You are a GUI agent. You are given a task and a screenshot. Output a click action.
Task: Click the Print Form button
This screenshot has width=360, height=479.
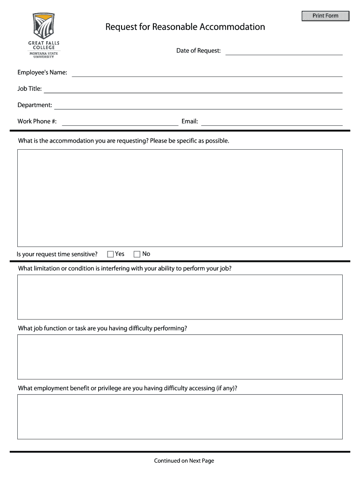(325, 16)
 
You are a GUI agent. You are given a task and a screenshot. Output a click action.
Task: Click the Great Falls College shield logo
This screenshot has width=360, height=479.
(43, 26)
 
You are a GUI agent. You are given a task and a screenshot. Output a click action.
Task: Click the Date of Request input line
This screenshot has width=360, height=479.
(284, 51)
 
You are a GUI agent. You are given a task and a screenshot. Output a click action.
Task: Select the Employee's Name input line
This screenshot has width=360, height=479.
(207, 73)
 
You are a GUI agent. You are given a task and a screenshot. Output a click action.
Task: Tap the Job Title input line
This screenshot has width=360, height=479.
(193, 89)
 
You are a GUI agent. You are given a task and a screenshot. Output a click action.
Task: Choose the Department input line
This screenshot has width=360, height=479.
(198, 105)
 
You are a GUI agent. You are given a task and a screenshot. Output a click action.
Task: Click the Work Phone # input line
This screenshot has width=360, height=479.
(120, 122)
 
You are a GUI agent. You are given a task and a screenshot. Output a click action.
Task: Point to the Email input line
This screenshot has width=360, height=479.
(272, 122)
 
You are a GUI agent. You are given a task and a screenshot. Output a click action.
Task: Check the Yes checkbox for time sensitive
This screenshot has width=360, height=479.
(111, 254)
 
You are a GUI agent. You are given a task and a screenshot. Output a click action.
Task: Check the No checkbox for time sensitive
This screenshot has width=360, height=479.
(137, 254)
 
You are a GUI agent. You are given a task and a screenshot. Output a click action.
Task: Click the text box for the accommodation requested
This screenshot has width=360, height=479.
(180, 198)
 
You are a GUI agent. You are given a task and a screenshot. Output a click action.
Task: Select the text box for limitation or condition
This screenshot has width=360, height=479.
(180, 297)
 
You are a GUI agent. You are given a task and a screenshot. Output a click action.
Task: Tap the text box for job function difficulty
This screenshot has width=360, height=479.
(180, 357)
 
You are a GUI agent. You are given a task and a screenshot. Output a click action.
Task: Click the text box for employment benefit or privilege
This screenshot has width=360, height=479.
(180, 417)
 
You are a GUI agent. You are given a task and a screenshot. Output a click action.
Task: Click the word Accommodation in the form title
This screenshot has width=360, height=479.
(232, 27)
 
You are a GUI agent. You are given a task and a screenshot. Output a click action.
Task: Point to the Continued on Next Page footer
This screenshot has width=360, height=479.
(184, 461)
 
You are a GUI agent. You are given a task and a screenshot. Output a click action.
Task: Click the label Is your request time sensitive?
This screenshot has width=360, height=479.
(57, 254)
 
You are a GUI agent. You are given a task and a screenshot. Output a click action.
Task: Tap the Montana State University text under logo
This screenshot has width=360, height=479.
(43, 55)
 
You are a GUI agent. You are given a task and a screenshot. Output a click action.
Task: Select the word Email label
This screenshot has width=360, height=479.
(190, 122)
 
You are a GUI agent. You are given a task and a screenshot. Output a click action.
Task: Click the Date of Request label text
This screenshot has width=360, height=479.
(198, 51)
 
